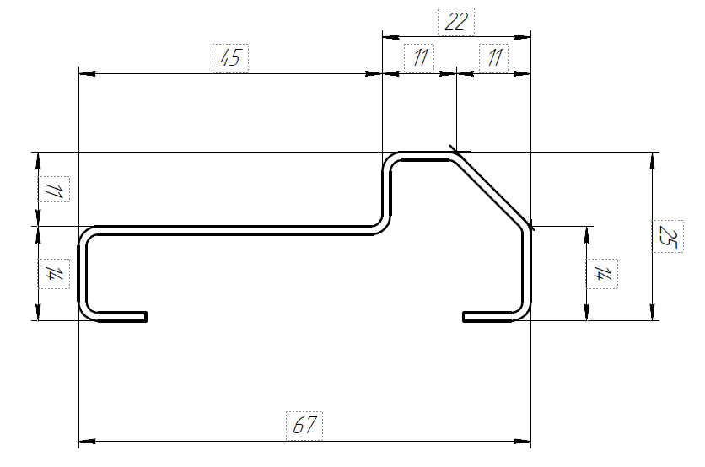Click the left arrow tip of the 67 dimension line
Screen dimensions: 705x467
79,442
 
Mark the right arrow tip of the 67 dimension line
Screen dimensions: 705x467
530,442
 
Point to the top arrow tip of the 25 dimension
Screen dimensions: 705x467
653,153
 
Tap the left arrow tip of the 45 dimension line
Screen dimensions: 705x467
79,73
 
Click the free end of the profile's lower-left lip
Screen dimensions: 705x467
147,316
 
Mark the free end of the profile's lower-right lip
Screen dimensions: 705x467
463,316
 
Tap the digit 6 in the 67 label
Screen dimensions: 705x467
298,425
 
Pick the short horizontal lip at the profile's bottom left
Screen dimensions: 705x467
122,316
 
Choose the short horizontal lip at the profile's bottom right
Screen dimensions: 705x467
487,316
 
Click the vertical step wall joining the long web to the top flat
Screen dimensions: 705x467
387,193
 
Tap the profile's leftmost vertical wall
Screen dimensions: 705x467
83,274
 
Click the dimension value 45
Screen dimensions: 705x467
230,58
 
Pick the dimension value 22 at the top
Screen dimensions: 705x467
456,22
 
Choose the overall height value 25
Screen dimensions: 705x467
668,236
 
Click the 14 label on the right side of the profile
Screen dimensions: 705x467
602,274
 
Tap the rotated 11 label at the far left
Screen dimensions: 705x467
54,189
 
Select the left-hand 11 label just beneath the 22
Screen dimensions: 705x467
419,58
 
